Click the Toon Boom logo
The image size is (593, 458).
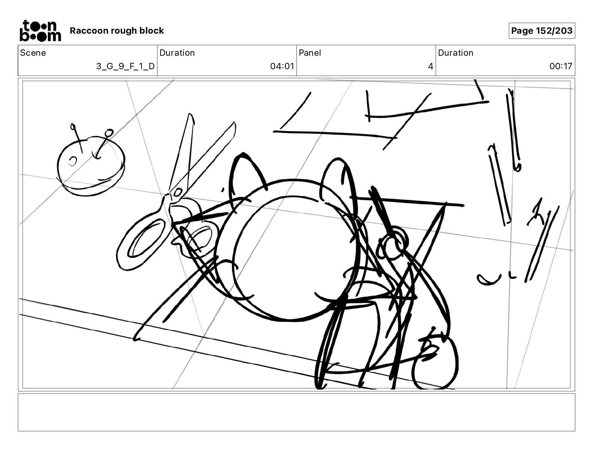(x=40, y=31)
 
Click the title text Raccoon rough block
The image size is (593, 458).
(x=117, y=31)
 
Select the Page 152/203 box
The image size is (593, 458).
(x=542, y=31)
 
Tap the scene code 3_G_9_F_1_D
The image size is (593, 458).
(x=125, y=66)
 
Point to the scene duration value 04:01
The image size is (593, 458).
(x=282, y=66)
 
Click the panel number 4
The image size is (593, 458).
(x=431, y=66)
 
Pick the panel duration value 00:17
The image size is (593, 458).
(x=560, y=66)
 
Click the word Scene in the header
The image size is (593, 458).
(x=33, y=53)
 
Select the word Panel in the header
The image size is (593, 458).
(x=310, y=53)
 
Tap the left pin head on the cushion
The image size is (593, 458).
(x=73, y=126)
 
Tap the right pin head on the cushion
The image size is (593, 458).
(x=109, y=132)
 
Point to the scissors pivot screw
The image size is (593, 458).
(x=178, y=193)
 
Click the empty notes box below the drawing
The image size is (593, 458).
(x=296, y=412)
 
